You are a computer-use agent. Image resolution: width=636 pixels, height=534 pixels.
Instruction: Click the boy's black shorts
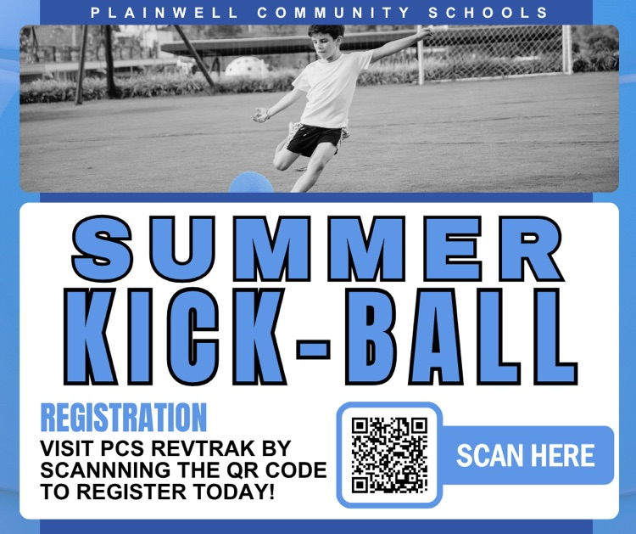coord(315,137)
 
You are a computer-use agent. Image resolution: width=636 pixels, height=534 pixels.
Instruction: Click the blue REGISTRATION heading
coord(124,418)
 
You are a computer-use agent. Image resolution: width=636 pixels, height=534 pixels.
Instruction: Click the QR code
coord(389,455)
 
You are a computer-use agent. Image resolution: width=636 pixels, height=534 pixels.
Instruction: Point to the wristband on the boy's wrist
coord(265,113)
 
